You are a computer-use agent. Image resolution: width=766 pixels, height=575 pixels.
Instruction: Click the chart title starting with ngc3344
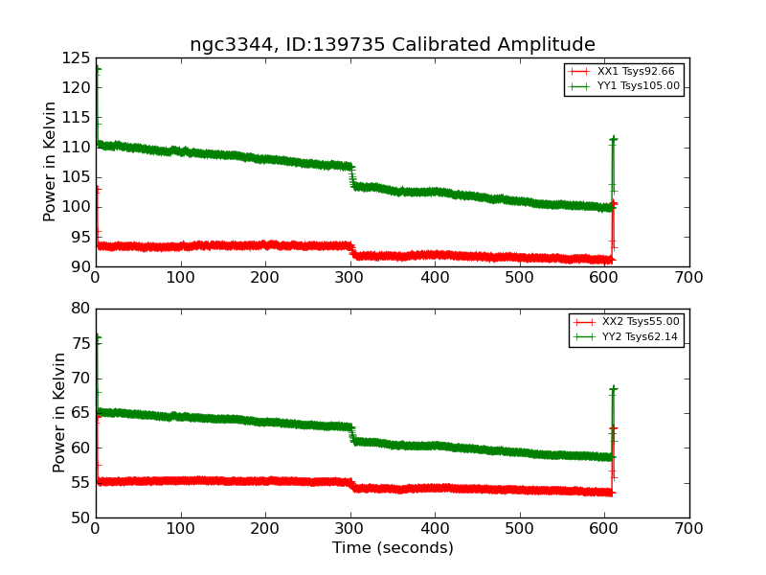[393, 45]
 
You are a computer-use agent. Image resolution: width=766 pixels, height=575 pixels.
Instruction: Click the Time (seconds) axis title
[393, 548]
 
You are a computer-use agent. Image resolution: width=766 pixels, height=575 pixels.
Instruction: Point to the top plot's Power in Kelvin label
[50, 162]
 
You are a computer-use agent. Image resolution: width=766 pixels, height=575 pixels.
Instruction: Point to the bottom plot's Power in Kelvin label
[59, 412]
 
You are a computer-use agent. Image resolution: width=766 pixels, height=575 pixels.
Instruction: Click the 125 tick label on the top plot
[75, 58]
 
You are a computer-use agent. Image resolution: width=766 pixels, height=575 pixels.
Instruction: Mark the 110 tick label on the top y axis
[75, 148]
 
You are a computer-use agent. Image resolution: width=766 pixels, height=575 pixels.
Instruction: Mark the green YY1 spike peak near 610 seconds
[613, 139]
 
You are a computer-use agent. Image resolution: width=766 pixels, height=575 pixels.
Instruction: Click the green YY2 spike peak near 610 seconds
[613, 388]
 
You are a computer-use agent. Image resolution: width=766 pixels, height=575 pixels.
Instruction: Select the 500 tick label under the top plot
[520, 279]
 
